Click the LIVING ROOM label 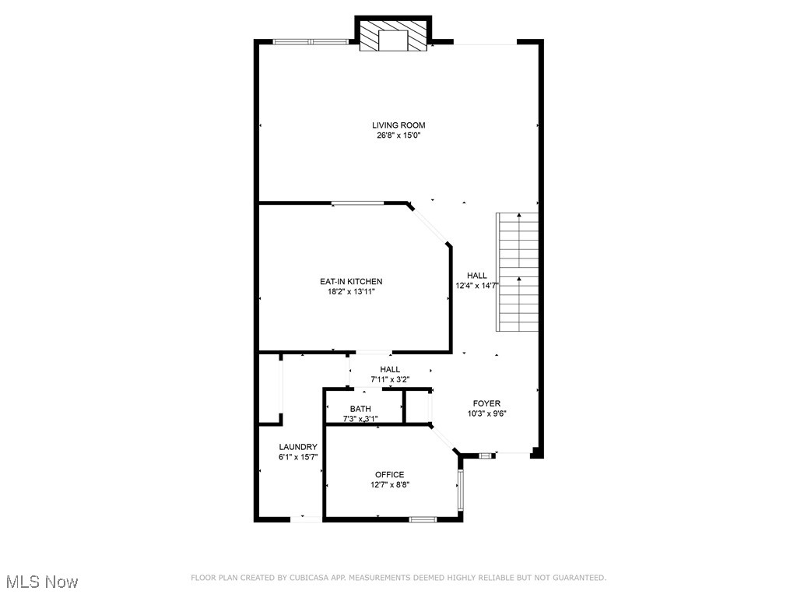[398, 125]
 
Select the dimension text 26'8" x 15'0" [398, 135]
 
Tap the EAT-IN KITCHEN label [351, 281]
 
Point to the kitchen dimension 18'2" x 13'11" [351, 292]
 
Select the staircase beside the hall [518, 271]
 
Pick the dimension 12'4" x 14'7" [476, 286]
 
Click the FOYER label [486, 403]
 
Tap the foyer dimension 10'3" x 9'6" [486, 414]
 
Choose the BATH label [360, 409]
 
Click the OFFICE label [389, 474]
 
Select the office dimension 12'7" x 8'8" [389, 485]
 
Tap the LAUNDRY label [298, 446]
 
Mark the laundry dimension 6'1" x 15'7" [298, 457]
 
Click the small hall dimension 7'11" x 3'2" [390, 380]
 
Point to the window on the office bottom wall [423, 519]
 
